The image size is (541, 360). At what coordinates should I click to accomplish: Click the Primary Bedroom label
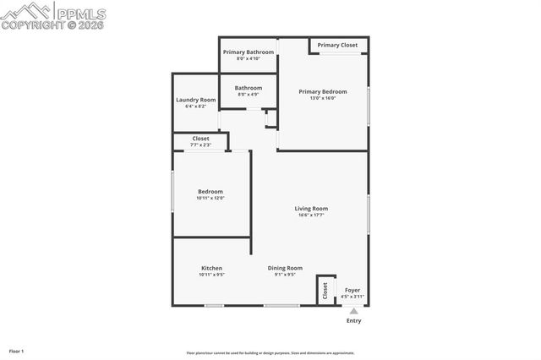tap(323, 91)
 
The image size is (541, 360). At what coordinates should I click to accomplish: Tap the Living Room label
tap(311, 208)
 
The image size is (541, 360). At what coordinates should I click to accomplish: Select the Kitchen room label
tap(211, 268)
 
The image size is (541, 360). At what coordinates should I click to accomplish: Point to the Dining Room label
tap(285, 268)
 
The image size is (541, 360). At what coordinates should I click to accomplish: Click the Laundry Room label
tap(195, 100)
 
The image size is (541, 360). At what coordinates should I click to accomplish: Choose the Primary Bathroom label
tap(249, 52)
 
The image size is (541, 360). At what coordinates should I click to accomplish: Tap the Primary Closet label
tap(337, 45)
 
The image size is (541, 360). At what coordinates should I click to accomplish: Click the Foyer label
tap(352, 290)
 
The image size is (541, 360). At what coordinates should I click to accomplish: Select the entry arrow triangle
tap(353, 311)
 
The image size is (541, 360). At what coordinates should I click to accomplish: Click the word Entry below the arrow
tap(353, 321)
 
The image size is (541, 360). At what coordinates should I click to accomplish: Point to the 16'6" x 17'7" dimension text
tap(311, 215)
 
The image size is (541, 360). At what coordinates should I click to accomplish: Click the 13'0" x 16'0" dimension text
tap(323, 98)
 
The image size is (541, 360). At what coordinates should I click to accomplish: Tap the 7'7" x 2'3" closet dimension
tap(200, 145)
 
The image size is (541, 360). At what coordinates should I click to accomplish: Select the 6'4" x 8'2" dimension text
tap(195, 106)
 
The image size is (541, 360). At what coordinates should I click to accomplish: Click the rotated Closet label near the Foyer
tap(325, 290)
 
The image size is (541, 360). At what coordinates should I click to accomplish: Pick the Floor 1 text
tap(16, 350)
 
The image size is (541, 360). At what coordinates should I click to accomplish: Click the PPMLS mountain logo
tap(25, 11)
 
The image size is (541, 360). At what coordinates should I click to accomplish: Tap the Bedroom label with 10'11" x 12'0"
tap(210, 191)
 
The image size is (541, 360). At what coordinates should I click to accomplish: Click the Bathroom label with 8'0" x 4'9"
tap(249, 88)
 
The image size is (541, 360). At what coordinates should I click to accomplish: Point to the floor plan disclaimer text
tap(270, 353)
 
